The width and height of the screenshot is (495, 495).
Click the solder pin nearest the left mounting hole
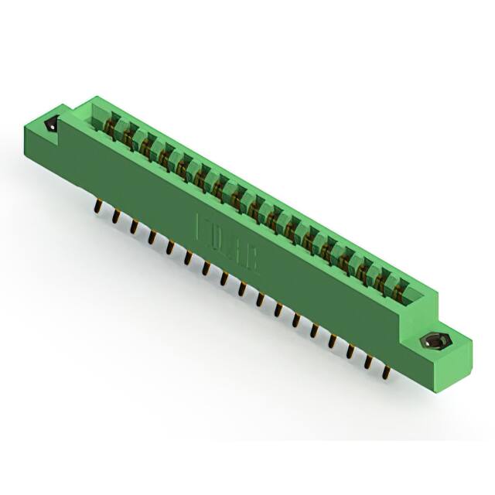(x=98, y=207)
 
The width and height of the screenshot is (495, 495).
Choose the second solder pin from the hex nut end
(x=368, y=362)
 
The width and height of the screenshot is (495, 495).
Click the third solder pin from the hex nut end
(x=350, y=352)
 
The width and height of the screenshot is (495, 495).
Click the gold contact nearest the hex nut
(x=399, y=292)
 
